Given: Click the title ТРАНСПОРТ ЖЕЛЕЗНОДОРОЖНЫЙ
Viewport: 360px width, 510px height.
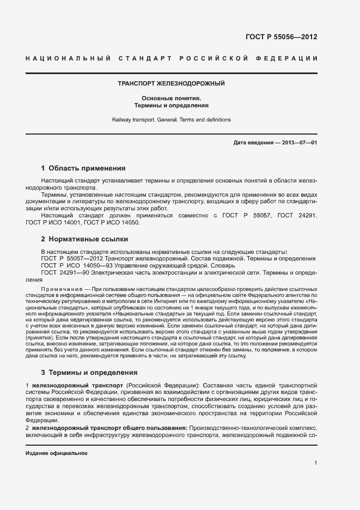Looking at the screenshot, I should (x=172, y=84).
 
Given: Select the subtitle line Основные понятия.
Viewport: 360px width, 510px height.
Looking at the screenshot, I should (x=172, y=98).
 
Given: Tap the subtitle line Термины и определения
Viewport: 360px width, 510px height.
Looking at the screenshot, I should (x=172, y=105).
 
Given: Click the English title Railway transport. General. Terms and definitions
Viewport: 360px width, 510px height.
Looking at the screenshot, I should (x=172, y=119).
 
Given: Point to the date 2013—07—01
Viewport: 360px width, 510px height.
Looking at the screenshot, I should (x=297, y=143).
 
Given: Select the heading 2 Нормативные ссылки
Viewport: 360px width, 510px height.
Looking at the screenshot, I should (x=86, y=239).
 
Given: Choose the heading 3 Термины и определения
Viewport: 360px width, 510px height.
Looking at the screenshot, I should (x=89, y=373).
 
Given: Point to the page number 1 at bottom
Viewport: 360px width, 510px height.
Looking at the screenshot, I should (x=316, y=463).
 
